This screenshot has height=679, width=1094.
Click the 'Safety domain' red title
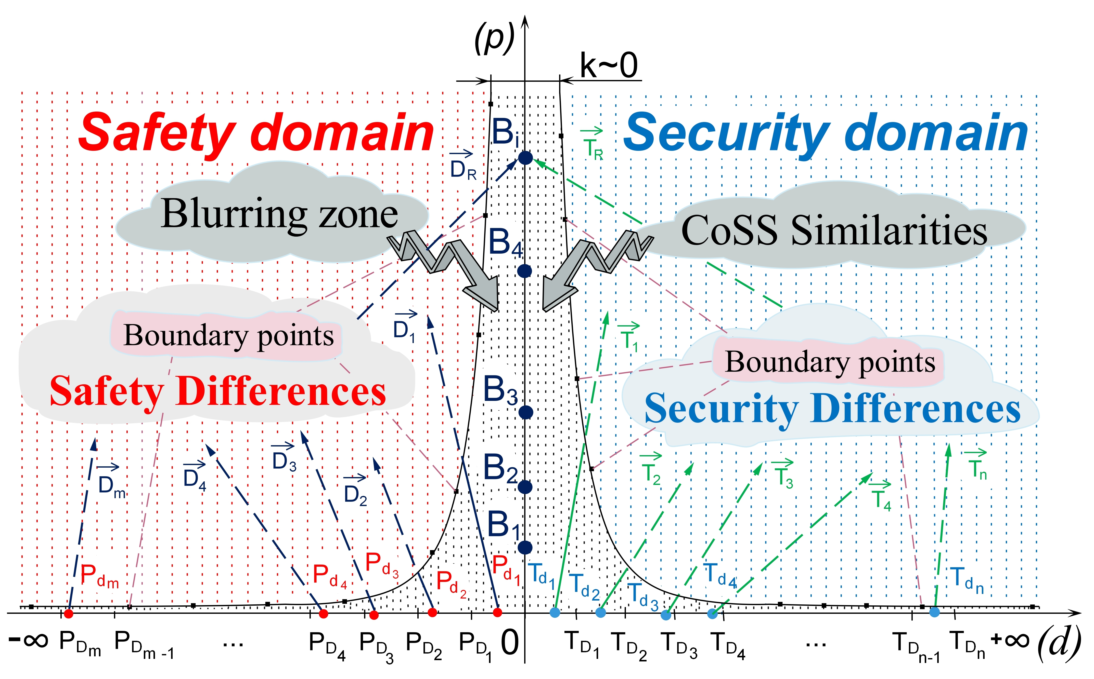(x=256, y=133)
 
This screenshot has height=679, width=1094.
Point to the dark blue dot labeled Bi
(x=525, y=158)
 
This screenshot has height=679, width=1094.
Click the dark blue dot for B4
(x=525, y=271)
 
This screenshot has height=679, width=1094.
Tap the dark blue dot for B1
(x=525, y=547)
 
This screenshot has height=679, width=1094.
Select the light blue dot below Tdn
(x=934, y=612)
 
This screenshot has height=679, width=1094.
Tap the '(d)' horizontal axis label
(x=1059, y=643)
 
